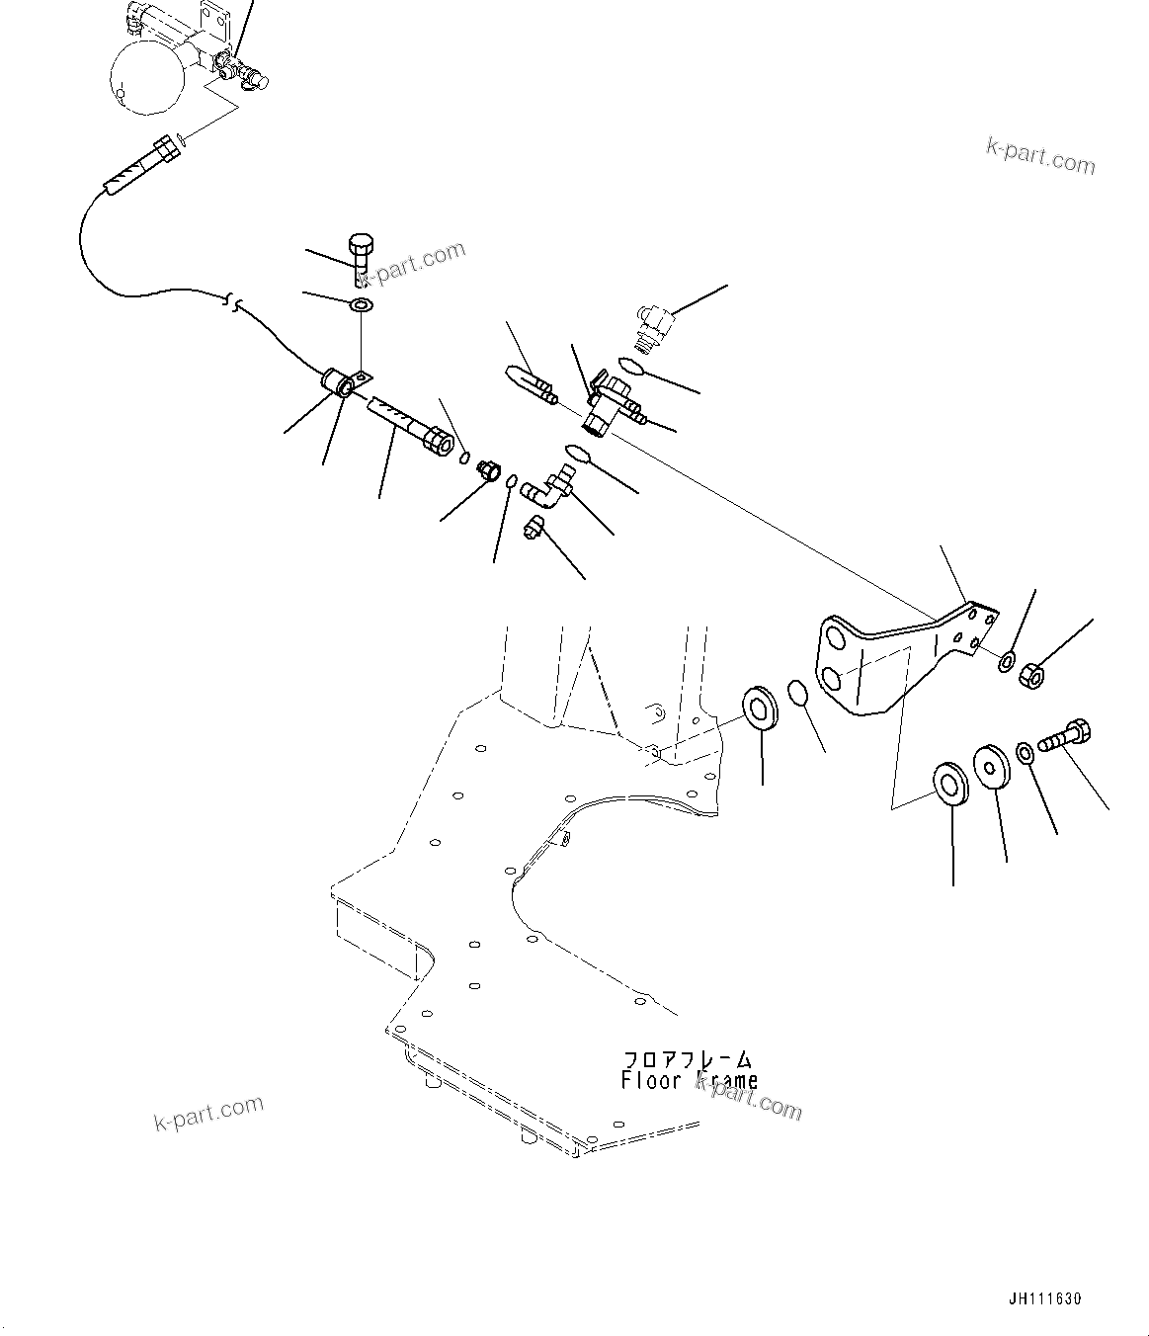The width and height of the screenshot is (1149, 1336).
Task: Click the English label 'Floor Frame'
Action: coord(690,1081)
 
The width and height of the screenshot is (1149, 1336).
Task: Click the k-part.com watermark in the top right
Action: coord(1040,154)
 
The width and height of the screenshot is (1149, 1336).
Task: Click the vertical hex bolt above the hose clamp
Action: coord(361,257)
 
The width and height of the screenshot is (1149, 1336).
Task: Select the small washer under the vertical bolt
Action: coord(362,304)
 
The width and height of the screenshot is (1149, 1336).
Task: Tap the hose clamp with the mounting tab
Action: coord(344,381)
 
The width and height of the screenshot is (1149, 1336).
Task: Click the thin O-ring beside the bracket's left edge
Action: coord(799,693)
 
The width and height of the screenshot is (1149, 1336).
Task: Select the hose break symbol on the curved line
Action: coord(233,299)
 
